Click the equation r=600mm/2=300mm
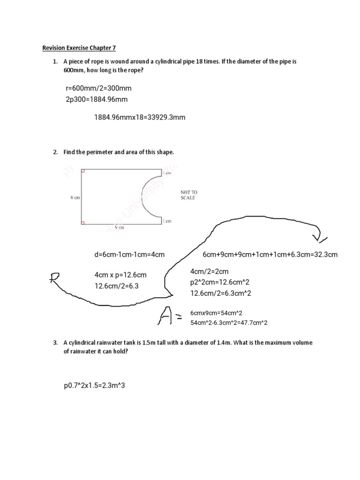98,88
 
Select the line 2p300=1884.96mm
97,99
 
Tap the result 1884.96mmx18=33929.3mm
140,117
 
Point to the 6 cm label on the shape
75,198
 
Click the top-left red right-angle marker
83,172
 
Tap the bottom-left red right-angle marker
83,223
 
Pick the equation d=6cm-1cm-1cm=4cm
129,255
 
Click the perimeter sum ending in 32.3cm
270,255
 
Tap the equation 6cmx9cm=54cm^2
216,313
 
